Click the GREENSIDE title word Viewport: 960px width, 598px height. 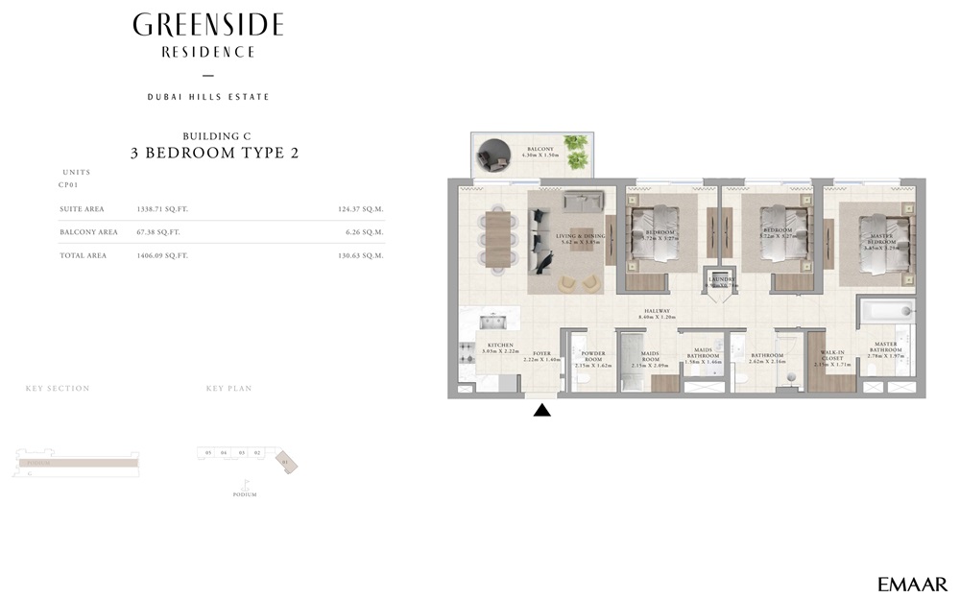pos(208,25)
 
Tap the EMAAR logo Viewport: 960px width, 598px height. pos(912,584)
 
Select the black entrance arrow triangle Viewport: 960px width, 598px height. pos(541,411)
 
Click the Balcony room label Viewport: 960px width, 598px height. pos(540,150)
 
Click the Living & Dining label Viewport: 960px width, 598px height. pos(582,235)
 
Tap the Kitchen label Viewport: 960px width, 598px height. pos(500,346)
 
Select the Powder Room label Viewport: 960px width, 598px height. pos(593,356)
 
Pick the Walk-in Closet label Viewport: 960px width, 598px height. pos(831,356)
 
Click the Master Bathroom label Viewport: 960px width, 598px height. pos(885,347)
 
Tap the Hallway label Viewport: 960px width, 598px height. pos(658,312)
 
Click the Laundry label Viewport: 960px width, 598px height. pos(720,279)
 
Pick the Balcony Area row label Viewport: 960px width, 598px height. pos(88,232)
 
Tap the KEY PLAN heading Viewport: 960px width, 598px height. pos(228,389)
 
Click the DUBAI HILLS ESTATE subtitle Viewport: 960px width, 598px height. pos(208,97)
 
